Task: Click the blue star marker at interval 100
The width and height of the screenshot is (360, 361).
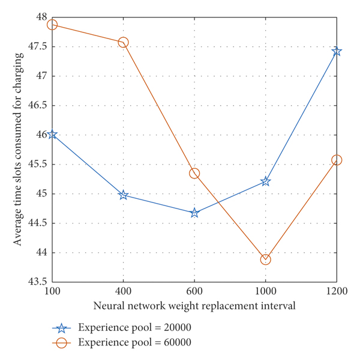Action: coord(52,135)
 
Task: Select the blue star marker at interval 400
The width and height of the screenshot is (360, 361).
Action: coord(123,195)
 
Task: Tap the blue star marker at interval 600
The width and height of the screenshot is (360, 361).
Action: coord(194,213)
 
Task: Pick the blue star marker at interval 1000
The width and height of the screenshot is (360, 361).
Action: coord(265,181)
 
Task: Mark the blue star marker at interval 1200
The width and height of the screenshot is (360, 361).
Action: coord(337,51)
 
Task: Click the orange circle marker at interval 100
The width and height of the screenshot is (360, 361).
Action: coord(52,25)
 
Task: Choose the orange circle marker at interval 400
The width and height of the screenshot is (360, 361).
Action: coord(123,43)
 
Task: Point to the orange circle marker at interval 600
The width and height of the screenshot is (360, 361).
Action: coord(194,173)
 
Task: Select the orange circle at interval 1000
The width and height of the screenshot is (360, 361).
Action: coord(265,259)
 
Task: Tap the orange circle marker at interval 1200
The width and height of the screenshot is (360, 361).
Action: coord(337,160)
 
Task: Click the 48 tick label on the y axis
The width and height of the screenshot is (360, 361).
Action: coord(40,18)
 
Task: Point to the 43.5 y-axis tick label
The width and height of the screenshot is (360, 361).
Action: coord(36,282)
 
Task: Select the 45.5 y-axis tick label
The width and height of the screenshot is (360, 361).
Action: coord(36,165)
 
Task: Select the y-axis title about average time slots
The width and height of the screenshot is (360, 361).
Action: coord(19,149)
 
